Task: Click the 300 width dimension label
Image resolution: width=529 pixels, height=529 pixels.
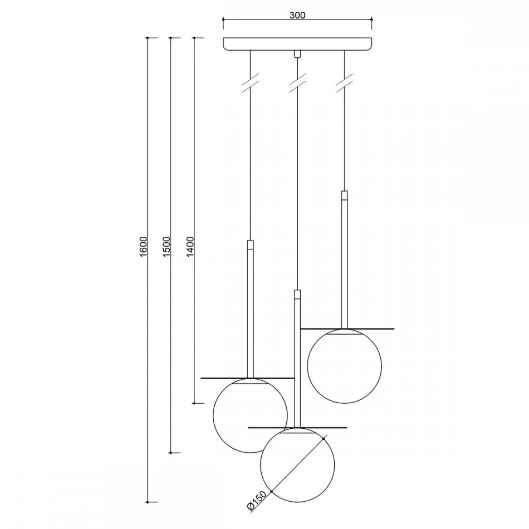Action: coord(297,15)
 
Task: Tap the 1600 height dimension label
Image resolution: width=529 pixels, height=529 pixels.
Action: coord(144,246)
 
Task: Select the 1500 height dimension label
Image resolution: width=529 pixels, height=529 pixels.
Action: coord(167,246)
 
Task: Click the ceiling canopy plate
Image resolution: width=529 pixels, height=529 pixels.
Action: coord(297,44)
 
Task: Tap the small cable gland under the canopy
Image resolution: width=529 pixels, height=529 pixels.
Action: coord(297,54)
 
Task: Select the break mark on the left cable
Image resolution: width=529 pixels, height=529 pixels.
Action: coord(250,82)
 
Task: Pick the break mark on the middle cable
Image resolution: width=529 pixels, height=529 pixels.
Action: coord(297,82)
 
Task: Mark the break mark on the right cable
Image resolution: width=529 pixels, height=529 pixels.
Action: coord(345,82)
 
